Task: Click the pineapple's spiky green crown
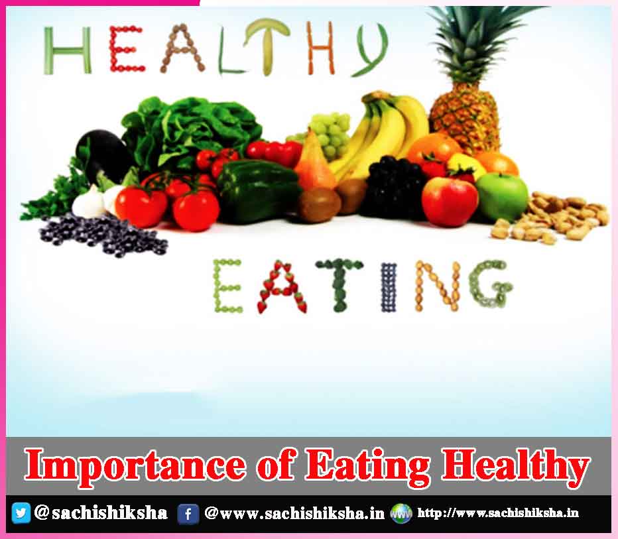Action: pyautogui.click(x=473, y=43)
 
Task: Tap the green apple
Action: pyautogui.click(x=502, y=197)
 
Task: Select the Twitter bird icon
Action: pyautogui.click(x=21, y=513)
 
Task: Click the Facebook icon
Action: pyautogui.click(x=188, y=514)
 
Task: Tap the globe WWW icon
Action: pyautogui.click(x=401, y=513)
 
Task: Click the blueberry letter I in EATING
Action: pyautogui.click(x=389, y=287)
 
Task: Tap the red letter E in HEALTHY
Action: pyautogui.click(x=126, y=49)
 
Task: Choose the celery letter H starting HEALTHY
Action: pyautogui.click(x=68, y=50)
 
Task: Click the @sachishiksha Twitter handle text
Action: pyautogui.click(x=101, y=512)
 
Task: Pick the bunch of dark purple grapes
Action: pyautogui.click(x=394, y=185)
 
